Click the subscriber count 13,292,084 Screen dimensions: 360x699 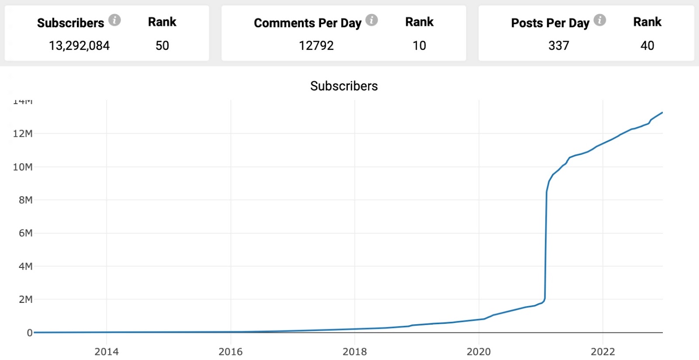[79, 45]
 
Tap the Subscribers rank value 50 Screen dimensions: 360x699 [162, 45]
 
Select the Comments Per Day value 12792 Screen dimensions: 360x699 [316, 45]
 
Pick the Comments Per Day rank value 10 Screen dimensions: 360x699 [419, 45]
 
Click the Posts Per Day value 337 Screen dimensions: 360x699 [558, 45]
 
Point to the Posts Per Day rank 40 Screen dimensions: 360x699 [647, 45]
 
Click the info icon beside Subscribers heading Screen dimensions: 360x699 [114, 20]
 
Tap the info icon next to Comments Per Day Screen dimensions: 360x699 [371, 20]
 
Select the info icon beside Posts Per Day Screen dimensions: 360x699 [600, 20]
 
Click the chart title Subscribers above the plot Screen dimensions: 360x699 [344, 86]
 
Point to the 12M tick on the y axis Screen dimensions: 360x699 [23, 134]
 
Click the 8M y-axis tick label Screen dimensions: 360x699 [25, 200]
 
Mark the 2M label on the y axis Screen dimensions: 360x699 [25, 300]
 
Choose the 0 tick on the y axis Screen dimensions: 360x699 [30, 333]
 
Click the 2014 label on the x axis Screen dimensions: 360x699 [107, 352]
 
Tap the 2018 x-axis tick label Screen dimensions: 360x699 [355, 352]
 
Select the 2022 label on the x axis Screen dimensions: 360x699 [603, 352]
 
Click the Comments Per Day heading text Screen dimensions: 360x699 [308, 23]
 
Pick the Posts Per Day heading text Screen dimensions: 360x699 [550, 23]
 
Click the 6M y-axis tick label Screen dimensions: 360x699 [25, 233]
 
